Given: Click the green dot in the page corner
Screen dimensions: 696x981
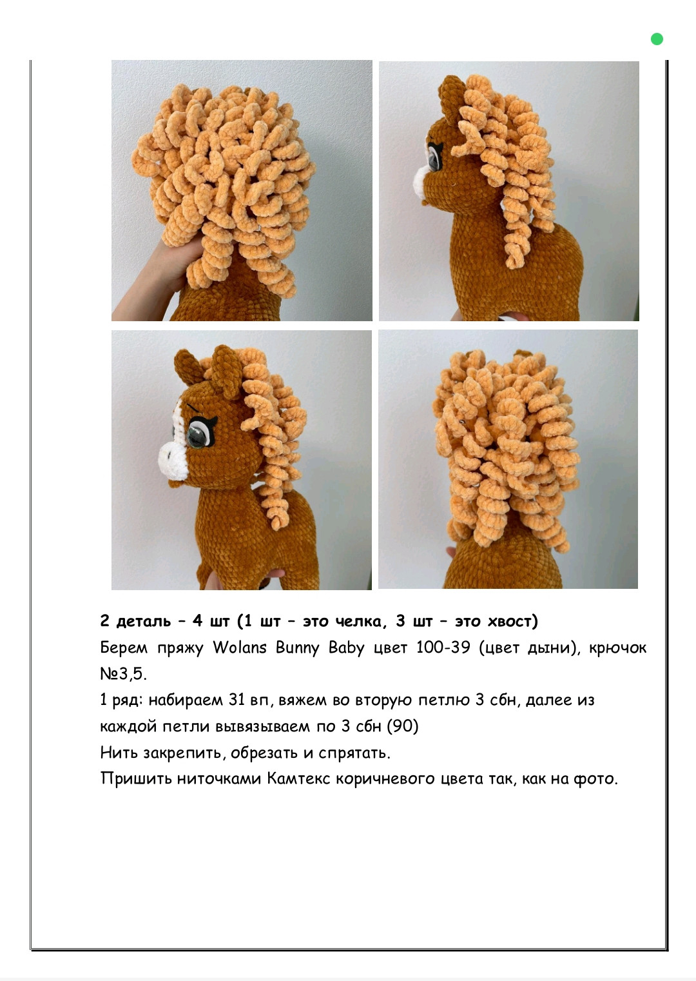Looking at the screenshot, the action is tap(657, 39).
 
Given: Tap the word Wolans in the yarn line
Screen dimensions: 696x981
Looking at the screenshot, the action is tap(239, 648).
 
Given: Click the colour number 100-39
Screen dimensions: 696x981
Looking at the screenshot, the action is tap(443, 648).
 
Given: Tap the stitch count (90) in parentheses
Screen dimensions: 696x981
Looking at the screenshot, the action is tap(403, 726).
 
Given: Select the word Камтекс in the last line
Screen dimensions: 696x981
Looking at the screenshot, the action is tap(298, 779).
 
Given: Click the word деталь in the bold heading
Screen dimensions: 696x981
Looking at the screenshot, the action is tap(143, 622).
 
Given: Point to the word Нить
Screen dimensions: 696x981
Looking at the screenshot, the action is tap(117, 753).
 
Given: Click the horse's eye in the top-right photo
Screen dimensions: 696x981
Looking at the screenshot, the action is tap(434, 157).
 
